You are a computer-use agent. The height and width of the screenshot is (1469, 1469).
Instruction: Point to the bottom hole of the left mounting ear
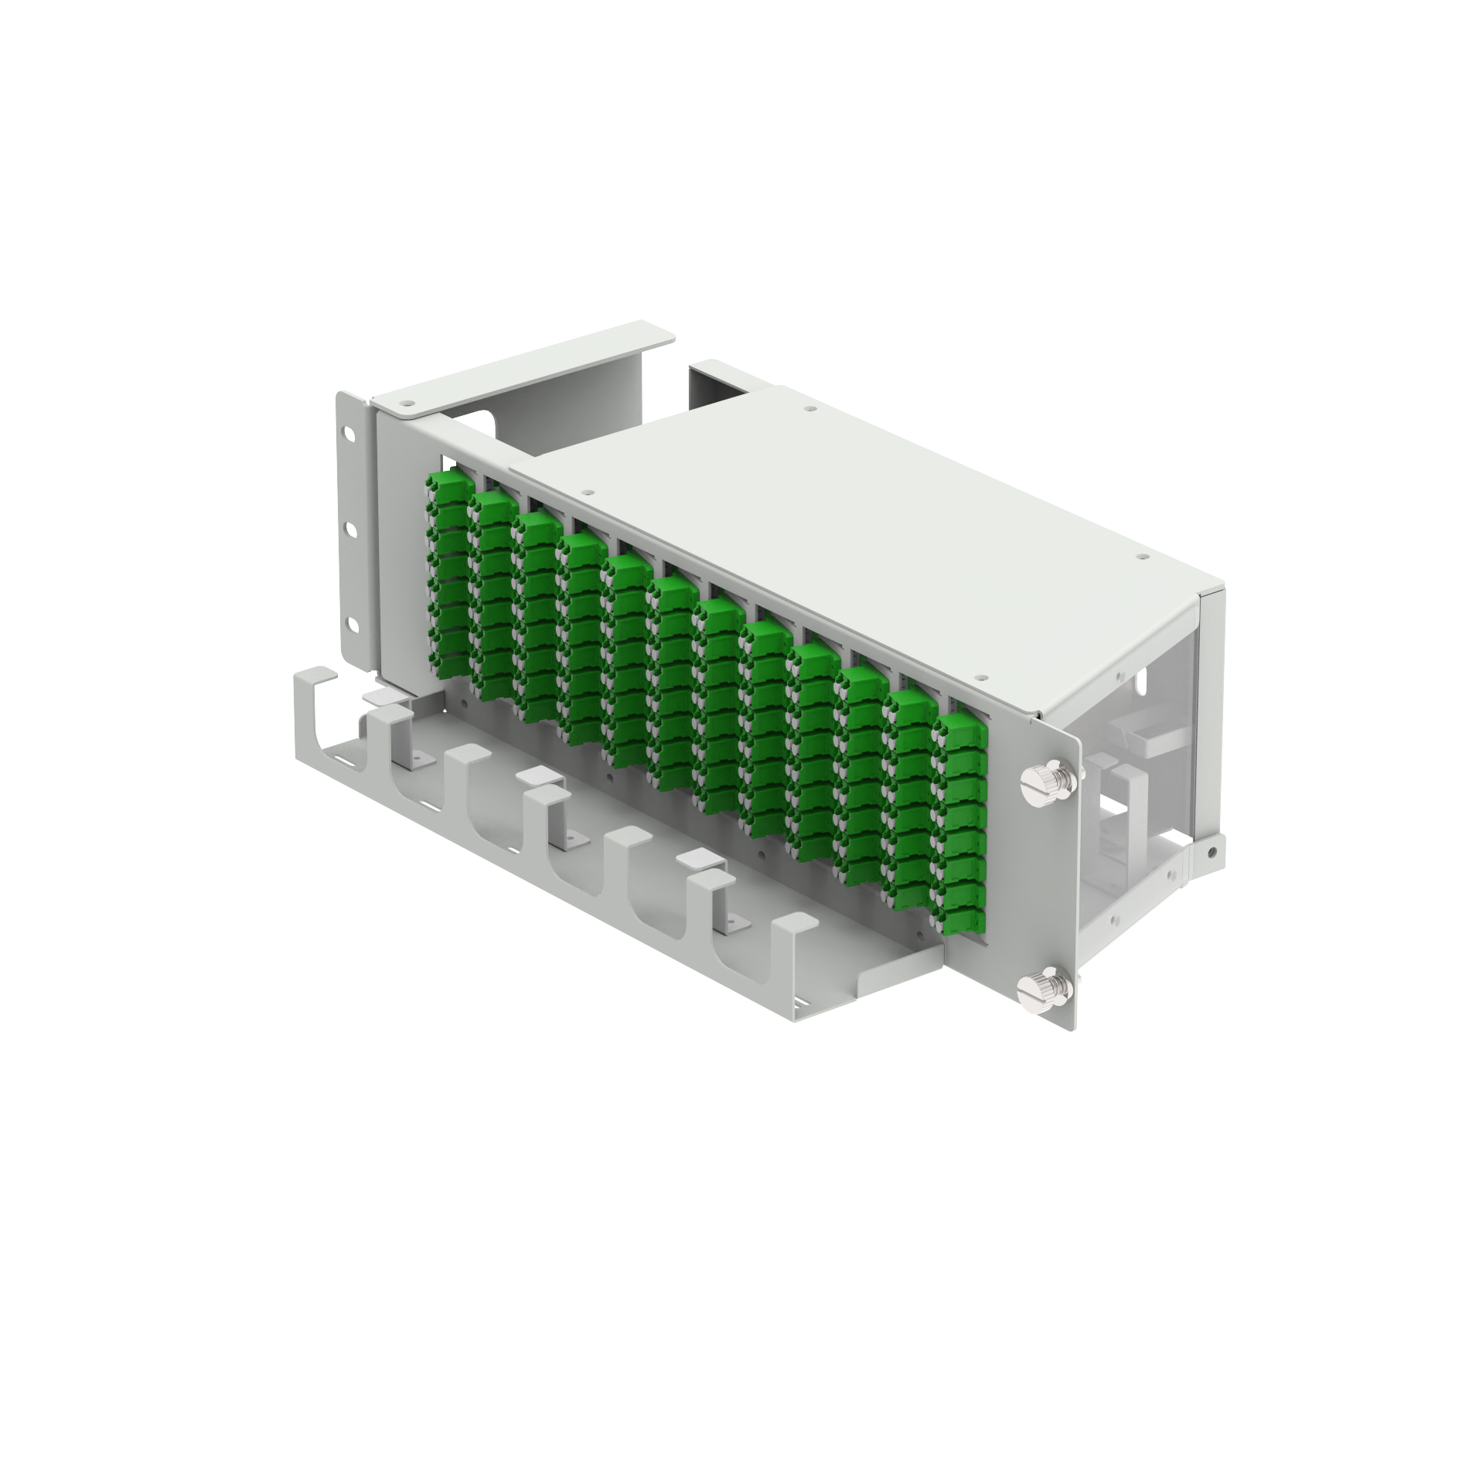pos(353,623)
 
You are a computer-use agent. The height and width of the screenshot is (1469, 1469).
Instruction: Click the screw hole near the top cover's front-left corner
pos(588,492)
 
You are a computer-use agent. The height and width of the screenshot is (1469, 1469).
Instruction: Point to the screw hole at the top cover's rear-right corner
pos(1140,554)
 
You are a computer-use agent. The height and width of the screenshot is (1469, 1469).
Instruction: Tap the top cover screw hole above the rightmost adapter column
pos(979,677)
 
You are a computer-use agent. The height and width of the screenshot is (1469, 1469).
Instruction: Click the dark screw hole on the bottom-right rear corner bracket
pos(1211,850)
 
